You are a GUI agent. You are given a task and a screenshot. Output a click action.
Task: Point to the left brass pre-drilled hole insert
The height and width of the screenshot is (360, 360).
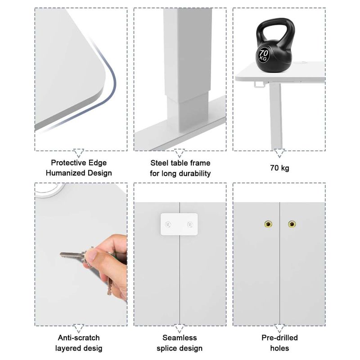pos(268,224)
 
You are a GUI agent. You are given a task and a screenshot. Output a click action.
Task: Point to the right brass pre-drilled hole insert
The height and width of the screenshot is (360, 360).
pos(292,224)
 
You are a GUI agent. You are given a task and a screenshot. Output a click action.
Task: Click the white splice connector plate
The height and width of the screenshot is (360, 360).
pos(179,224)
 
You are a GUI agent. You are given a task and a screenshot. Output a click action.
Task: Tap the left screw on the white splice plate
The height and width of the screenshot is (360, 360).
pos(168,224)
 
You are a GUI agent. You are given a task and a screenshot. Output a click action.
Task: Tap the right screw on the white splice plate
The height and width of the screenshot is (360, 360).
pos(190,224)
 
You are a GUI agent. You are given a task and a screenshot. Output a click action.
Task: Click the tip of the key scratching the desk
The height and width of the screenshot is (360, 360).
pos(61,254)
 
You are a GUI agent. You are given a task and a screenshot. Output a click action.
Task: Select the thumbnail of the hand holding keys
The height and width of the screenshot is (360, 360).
pos(81,254)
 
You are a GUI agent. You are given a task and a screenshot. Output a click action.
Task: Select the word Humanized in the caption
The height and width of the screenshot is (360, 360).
pos(62,173)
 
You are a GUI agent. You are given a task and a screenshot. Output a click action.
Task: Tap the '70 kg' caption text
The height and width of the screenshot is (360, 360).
pos(279,168)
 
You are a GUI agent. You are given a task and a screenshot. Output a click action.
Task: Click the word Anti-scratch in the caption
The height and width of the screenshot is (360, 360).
pos(79,338)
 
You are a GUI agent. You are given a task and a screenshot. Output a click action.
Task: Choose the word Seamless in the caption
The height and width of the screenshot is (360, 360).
pos(180,338)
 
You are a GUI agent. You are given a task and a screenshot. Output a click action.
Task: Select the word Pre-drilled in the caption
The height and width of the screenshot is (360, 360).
pos(279,338)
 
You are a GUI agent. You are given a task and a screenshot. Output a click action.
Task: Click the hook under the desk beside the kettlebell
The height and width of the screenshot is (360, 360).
pos(259,85)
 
